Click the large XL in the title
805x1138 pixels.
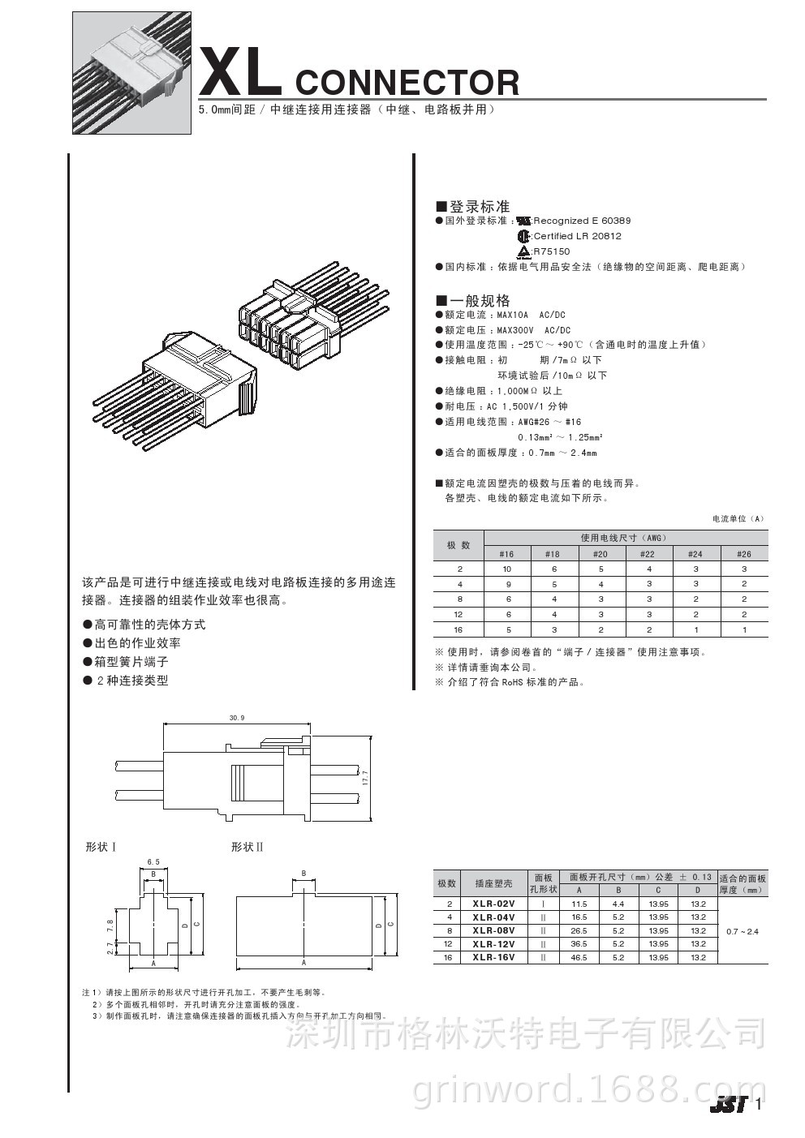pos(239,73)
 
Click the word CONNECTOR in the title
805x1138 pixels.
pos(407,83)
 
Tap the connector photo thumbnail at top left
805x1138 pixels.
pos(131,73)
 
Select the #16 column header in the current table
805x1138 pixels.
pos(506,554)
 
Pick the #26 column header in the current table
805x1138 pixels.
pos(743,554)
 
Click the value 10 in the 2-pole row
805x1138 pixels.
pos(507,569)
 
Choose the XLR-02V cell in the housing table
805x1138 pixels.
pos(493,904)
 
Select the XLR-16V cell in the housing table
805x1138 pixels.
pos(493,958)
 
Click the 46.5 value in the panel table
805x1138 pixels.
pos(579,958)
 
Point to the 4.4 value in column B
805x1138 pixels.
pos(618,904)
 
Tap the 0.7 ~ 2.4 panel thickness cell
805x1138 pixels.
pos(743,931)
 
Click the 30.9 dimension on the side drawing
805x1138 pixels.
pos(236,718)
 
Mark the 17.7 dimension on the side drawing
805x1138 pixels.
pos(366,778)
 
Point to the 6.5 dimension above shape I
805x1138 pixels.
pos(153,861)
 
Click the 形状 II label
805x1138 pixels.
pos(247,847)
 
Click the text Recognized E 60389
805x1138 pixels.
pos(582,221)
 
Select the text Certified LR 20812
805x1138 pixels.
pos(577,236)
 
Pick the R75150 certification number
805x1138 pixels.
pos(551,251)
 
